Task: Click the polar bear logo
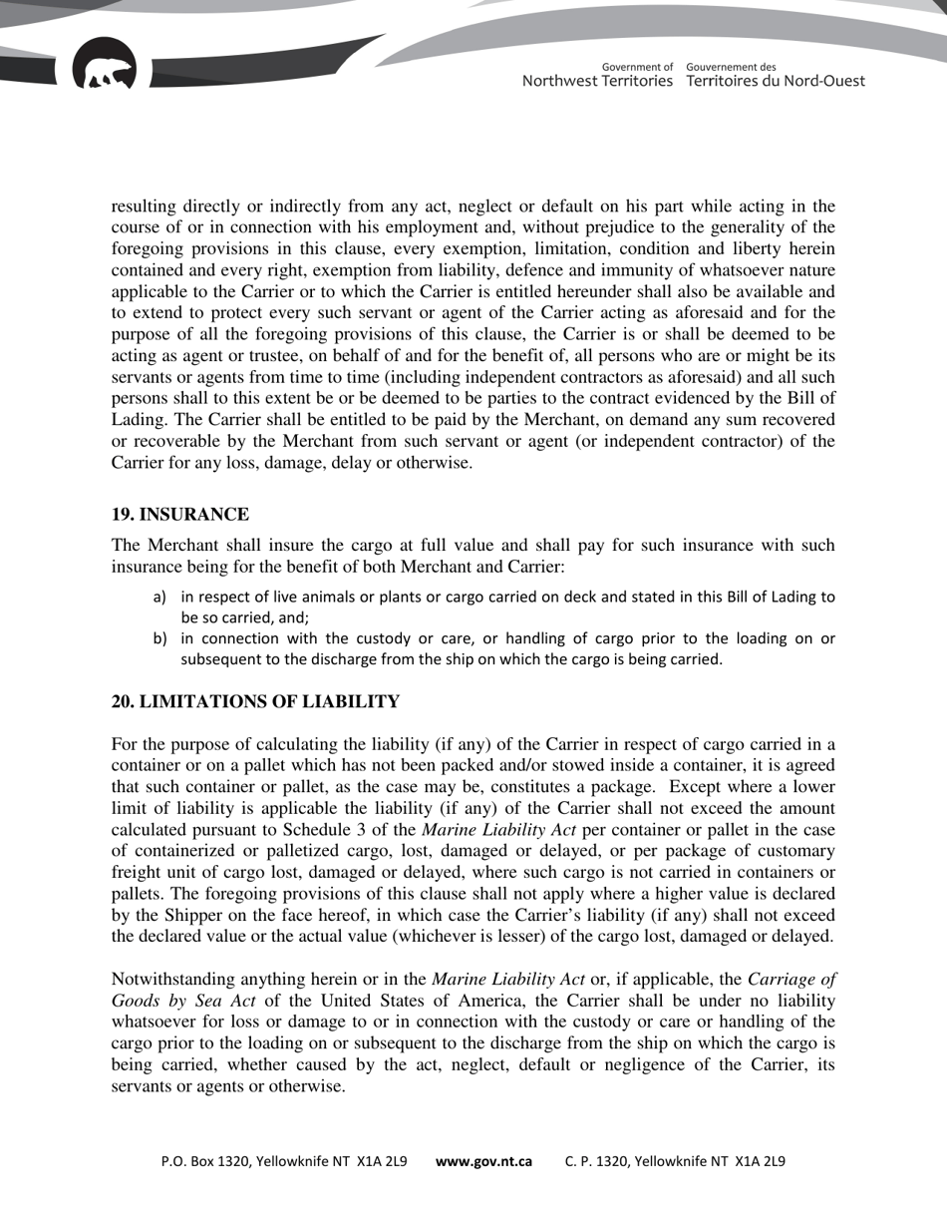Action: click(105, 65)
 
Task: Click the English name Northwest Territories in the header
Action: click(597, 81)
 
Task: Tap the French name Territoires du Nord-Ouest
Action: click(776, 81)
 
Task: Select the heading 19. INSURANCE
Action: click(179, 515)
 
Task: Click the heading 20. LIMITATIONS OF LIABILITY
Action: click(255, 702)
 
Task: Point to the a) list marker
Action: click(159, 598)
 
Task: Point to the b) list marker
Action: click(159, 638)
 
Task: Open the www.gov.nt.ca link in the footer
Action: click(483, 1161)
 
